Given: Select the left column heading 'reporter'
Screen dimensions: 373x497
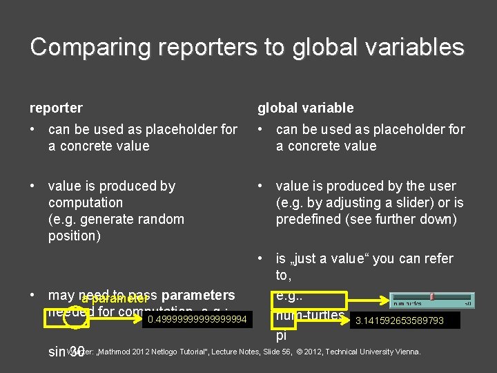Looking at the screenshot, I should point(56,108).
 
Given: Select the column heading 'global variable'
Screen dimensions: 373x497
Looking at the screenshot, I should point(305,108).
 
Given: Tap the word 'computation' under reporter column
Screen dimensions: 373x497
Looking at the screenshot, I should point(86,202).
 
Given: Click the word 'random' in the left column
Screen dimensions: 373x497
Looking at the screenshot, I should point(162,219).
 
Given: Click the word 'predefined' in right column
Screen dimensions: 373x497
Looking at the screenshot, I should point(310,219).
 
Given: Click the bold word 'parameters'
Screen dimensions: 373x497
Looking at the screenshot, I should point(198,296).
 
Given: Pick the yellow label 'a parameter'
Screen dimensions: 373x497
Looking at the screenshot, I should point(115,299).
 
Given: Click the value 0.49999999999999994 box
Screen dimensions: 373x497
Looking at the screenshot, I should point(197,318).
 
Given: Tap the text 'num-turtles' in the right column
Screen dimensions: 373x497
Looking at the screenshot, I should point(310,316).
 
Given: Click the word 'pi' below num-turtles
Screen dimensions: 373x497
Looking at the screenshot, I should point(282,336).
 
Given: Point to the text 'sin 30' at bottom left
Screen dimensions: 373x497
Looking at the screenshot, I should point(66,352).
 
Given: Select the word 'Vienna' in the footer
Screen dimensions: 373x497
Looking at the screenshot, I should point(405,352).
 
